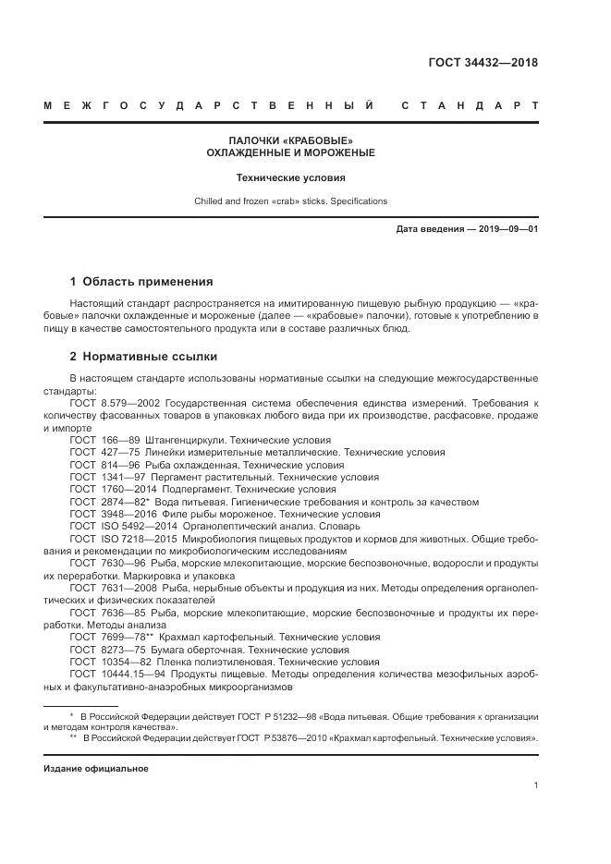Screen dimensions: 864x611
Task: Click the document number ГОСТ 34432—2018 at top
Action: pos(483,64)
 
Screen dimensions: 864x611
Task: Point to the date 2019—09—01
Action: pos(507,227)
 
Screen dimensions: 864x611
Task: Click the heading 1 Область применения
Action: pos(141,282)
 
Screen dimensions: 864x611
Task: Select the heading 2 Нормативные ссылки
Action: pos(144,357)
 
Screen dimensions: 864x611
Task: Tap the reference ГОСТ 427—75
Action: pos(104,453)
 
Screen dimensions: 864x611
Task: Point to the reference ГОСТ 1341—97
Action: pos(107,477)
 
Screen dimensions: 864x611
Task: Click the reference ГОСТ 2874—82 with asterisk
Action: pos(109,501)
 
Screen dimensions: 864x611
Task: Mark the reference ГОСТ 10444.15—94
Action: pos(117,674)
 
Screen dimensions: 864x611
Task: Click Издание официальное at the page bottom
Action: pos(96,768)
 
